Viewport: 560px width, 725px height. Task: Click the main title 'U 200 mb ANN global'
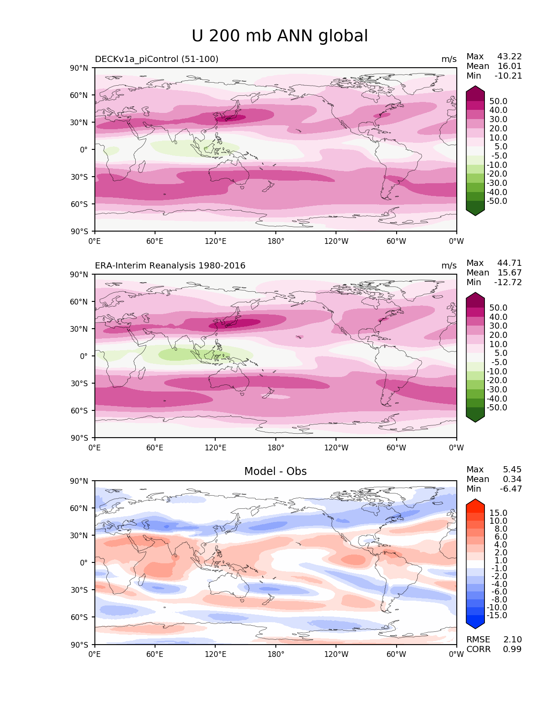pyautogui.click(x=280, y=36)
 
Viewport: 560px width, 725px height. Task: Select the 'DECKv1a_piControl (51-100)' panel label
pyautogui.click(x=156, y=59)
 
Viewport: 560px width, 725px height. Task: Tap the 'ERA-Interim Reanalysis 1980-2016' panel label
pyautogui.click(x=170, y=265)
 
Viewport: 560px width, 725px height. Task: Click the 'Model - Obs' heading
pyautogui.click(x=275, y=471)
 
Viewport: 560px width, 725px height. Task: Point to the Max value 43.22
pyautogui.click(x=509, y=56)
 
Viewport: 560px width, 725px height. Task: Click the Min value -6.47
pyautogui.click(x=511, y=489)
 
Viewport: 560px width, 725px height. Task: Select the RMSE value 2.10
pyautogui.click(x=512, y=639)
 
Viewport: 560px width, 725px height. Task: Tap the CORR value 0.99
pyautogui.click(x=512, y=649)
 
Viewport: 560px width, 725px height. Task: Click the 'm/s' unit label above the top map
pyautogui.click(x=449, y=59)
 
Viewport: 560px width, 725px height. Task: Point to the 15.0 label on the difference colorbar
pyautogui.click(x=498, y=513)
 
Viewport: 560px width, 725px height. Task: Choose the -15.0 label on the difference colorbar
pyautogui.click(x=497, y=615)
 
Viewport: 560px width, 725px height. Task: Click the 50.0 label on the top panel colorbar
pyautogui.click(x=498, y=101)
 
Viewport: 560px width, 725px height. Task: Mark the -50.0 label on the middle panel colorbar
pyautogui.click(x=497, y=407)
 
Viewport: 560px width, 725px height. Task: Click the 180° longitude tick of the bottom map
pyautogui.click(x=276, y=654)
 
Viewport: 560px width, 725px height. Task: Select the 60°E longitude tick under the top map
pyautogui.click(x=155, y=241)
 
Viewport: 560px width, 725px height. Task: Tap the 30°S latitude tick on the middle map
pyautogui.click(x=79, y=383)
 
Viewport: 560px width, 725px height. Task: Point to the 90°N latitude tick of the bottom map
pyautogui.click(x=79, y=481)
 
